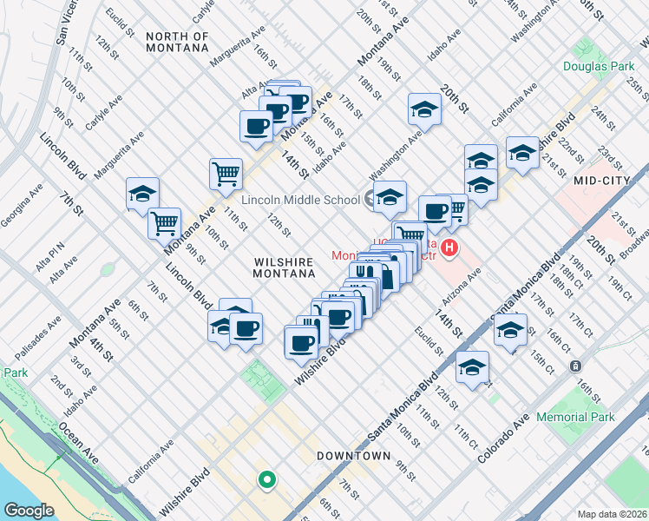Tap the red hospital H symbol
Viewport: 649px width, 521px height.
[x=449, y=250]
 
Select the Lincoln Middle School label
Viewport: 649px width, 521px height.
[x=300, y=200]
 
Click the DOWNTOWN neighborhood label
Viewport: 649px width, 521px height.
[x=353, y=456]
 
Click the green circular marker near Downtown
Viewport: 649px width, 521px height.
[x=266, y=478]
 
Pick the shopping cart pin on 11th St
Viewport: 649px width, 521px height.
[x=226, y=173]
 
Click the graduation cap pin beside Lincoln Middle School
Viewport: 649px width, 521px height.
[x=390, y=197]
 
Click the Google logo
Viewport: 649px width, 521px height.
[x=29, y=511]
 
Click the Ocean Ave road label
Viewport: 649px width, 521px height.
[x=79, y=442]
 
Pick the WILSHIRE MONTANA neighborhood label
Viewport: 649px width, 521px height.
[x=284, y=267]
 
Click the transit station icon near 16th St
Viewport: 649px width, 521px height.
[x=574, y=366]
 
